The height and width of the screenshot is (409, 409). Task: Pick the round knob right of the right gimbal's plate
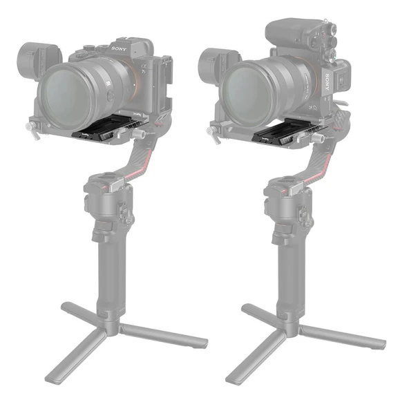[x=318, y=137]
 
